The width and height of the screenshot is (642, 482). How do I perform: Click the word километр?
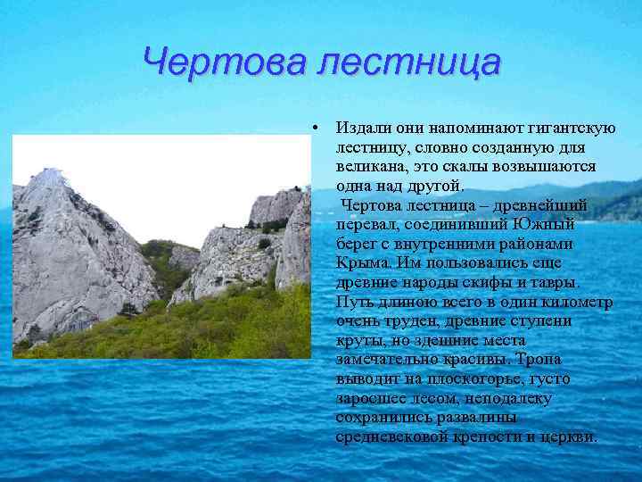574,303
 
